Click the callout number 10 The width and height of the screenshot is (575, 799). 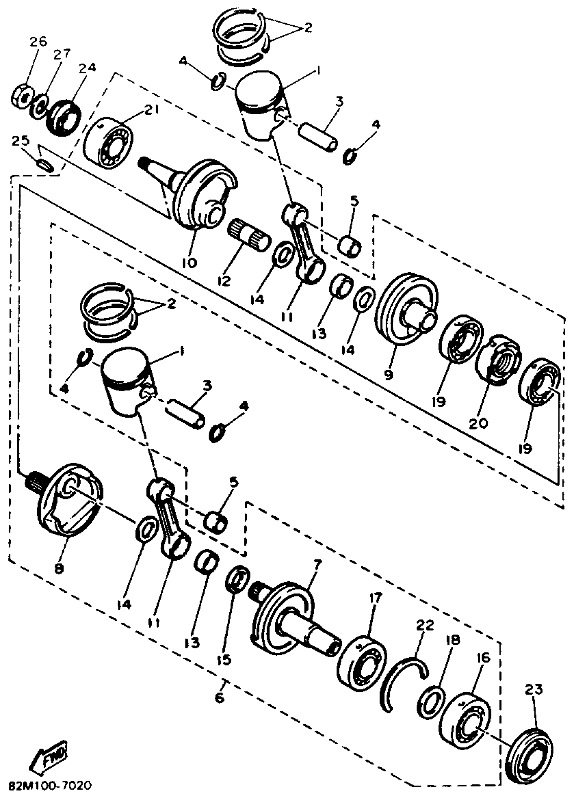[x=189, y=262]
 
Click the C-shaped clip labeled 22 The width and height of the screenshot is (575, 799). [x=405, y=678]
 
